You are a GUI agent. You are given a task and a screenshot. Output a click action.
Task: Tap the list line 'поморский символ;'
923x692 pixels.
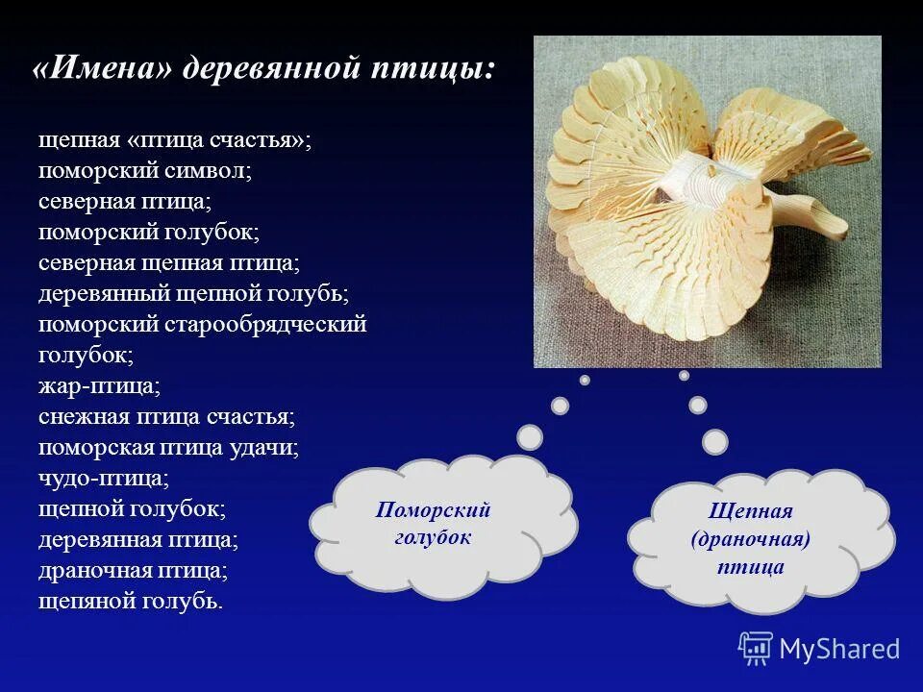pos(144,171)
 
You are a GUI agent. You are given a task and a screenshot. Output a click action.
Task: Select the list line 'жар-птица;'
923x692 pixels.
pos(99,386)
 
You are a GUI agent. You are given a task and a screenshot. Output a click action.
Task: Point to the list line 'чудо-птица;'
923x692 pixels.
pos(104,479)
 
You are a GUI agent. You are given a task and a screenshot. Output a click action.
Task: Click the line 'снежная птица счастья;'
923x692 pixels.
pos(166,417)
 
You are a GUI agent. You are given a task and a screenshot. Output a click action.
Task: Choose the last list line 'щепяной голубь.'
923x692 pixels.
pos(131,602)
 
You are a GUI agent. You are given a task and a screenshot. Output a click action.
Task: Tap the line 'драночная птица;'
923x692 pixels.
pos(133,571)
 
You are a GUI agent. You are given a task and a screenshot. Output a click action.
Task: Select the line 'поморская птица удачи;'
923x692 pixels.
pos(168,448)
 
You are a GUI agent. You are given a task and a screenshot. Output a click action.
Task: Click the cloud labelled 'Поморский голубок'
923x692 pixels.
pos(437,524)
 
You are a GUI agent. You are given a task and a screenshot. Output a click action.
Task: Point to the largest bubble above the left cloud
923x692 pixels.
pos(530,437)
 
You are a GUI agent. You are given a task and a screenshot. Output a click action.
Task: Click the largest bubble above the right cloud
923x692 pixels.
pos(714,441)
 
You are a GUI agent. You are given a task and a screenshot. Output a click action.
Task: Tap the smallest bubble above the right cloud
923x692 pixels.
pos(684,376)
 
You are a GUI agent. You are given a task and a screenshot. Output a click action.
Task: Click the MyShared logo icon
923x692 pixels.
pos(756,649)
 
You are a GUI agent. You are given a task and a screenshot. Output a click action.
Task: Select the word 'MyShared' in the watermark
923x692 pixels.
pos(839,650)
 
